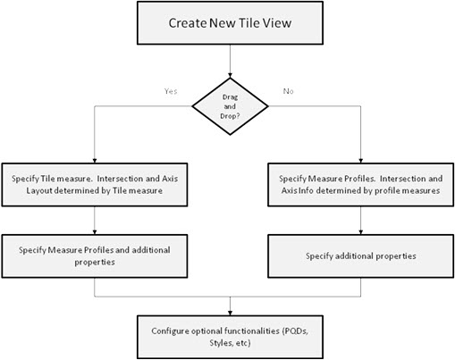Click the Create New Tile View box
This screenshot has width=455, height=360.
pos(231,24)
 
